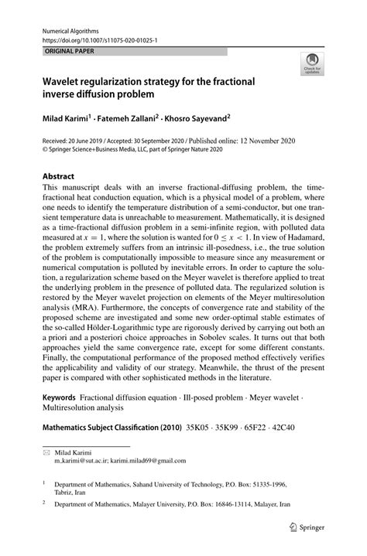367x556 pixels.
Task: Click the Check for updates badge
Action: (x=313, y=63)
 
